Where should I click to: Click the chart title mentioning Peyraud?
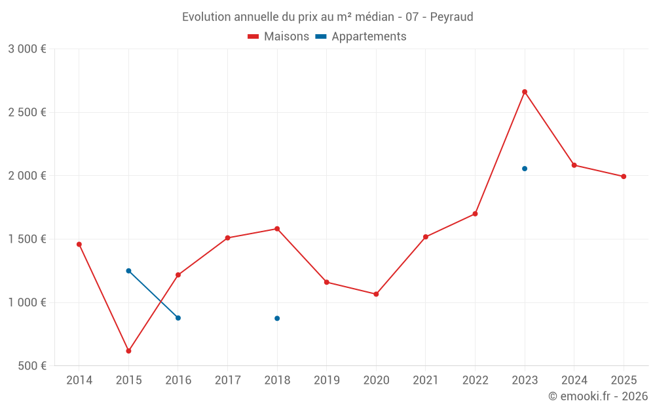pos(327,16)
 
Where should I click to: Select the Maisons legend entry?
pos(278,37)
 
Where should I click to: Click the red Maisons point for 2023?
pos(525,92)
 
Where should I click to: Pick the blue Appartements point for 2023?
pos(525,169)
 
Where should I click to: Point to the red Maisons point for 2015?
pos(128,351)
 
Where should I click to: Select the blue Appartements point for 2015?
pos(128,271)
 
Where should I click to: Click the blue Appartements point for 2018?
pos(277,318)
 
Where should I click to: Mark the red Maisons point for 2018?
pos(277,229)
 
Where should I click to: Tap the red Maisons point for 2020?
pos(376,294)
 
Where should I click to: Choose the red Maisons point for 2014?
pos(79,244)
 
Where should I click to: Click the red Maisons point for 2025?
pos(624,176)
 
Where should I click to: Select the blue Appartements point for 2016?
pos(178,318)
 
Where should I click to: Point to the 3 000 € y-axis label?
pos(27,49)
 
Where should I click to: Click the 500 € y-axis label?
pos(31,366)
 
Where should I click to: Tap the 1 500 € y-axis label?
pos(27,239)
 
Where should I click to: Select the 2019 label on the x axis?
pos(326,380)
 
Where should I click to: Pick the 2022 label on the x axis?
pos(475,380)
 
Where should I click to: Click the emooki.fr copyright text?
pos(597,396)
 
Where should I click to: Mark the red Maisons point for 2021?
pos(426,237)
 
